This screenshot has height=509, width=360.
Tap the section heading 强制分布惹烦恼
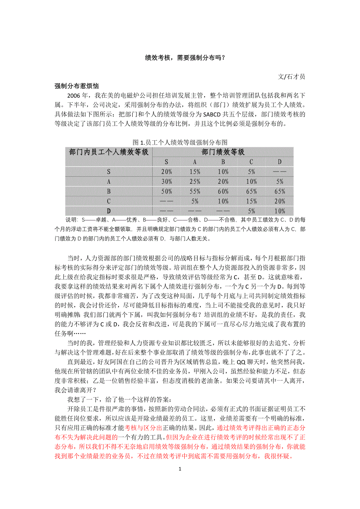point(76,86)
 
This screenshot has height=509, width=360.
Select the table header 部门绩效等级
point(223,152)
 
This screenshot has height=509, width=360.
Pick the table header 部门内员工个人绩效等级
point(109,152)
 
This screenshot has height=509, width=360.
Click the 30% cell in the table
point(167,181)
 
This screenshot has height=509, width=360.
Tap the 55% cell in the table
point(195,191)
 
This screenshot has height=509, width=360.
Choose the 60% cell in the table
point(223,191)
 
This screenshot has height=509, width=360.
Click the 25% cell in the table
point(195,181)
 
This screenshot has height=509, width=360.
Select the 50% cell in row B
point(167,191)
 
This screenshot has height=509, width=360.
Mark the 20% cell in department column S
point(167,172)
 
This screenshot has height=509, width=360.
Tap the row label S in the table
point(109,172)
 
